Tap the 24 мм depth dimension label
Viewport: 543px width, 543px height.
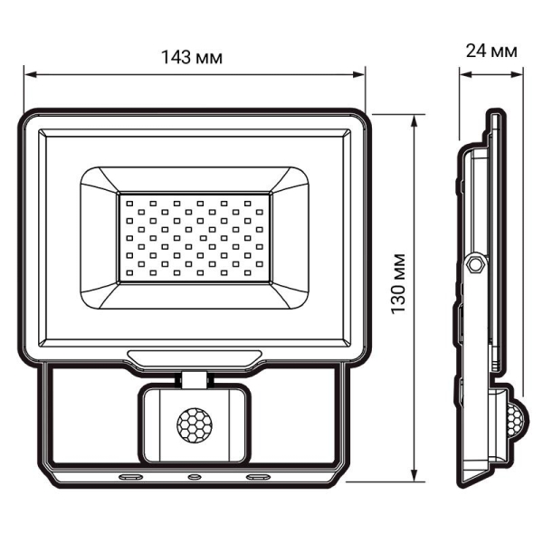[x=491, y=52]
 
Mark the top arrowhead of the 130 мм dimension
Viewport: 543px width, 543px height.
[x=415, y=119]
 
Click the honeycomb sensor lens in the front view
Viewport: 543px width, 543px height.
[x=193, y=423]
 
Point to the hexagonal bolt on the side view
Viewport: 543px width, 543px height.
[x=473, y=263]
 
